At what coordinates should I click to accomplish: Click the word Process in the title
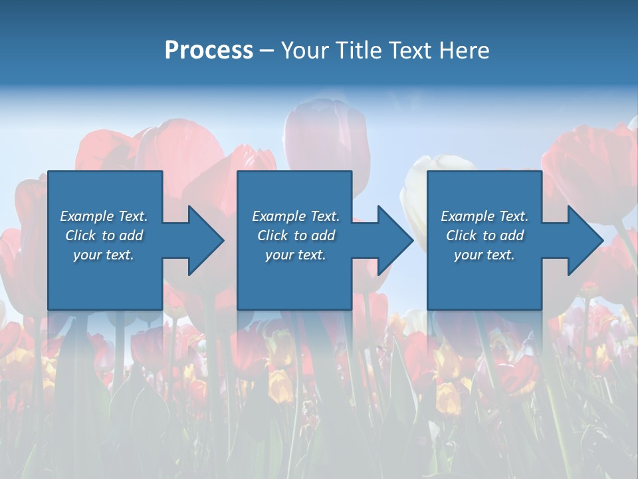tap(209, 51)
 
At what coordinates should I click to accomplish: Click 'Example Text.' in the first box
tap(104, 216)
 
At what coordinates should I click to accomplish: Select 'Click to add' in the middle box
tap(296, 236)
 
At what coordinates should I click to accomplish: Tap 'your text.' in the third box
tap(484, 255)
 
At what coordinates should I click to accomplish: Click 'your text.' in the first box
tap(104, 255)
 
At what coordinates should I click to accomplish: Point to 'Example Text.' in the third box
tap(484, 216)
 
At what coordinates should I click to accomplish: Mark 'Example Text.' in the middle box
tap(296, 216)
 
